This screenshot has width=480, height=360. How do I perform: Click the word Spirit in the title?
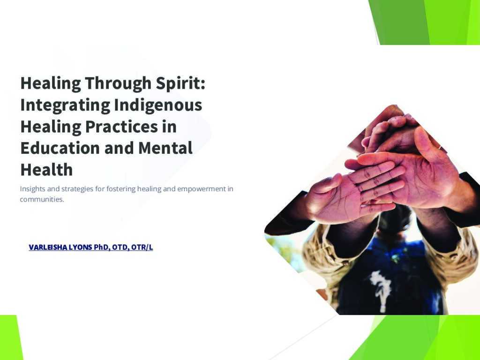tap(180, 83)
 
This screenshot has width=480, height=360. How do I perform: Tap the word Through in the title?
tap(118, 83)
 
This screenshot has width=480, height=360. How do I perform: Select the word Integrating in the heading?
tap(65, 105)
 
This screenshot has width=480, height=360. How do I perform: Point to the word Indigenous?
tap(158, 105)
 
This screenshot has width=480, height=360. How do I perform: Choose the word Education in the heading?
tap(60, 148)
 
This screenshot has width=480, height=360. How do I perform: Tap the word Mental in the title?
tap(165, 148)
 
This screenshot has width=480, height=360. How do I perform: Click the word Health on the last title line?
tap(46, 170)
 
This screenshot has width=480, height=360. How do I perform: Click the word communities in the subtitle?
tap(42, 199)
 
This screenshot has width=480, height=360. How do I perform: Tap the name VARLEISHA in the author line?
tap(48, 247)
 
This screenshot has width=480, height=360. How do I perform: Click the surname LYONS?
tap(80, 247)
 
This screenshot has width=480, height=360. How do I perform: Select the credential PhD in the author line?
tap(102, 247)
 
